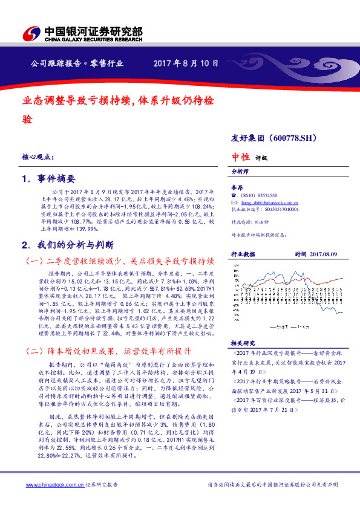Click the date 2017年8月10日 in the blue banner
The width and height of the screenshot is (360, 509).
click(186, 63)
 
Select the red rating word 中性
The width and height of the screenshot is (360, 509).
click(241, 157)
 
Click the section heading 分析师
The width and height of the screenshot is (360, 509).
click(241, 172)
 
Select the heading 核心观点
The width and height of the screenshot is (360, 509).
click(38, 157)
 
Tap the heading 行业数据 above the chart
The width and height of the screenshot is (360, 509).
click(243, 254)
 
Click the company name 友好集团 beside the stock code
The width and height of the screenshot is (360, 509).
click(248, 138)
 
